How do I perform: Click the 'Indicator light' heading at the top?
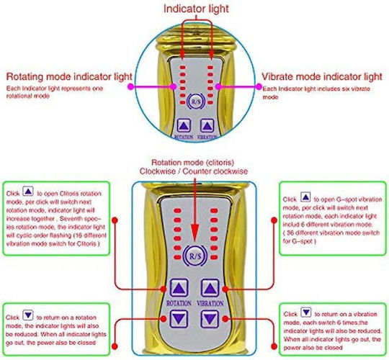coord(196,9)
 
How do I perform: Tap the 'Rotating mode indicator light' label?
coord(69,76)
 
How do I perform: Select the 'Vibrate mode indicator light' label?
coord(322,76)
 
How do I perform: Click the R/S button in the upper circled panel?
coord(196,102)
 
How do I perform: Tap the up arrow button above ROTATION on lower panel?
coord(179,288)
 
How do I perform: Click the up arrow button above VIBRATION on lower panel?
coord(210,288)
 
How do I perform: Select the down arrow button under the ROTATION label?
coord(179,319)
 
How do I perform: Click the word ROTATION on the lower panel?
coord(179,303)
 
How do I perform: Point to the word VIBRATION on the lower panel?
coord(210,303)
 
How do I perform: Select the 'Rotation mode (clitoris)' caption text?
coord(193,163)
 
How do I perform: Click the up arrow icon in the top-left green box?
coord(28,191)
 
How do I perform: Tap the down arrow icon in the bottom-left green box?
coord(28,315)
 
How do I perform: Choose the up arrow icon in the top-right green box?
coord(305,197)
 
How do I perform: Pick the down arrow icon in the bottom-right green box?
coord(306,312)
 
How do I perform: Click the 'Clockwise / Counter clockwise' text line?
coord(194,171)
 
